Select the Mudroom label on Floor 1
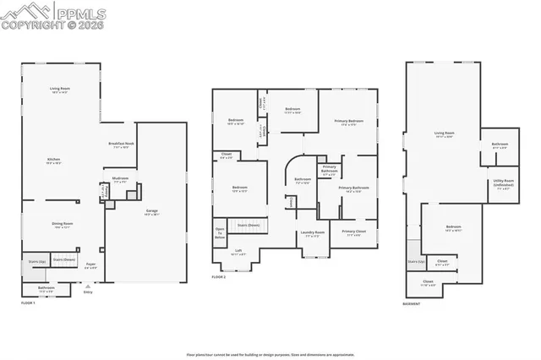tap(120, 179)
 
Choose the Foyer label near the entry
tap(90, 266)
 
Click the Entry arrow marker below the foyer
tap(87, 289)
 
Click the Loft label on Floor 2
tap(238, 251)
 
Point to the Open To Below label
tap(220, 232)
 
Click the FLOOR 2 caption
tap(220, 277)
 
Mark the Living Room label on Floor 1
tap(59, 89)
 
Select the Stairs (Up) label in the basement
tap(414, 262)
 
